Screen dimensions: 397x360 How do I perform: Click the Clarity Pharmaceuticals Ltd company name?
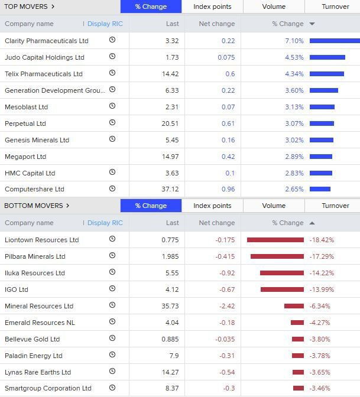coord(46,41)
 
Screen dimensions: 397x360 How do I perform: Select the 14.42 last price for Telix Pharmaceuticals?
coord(170,74)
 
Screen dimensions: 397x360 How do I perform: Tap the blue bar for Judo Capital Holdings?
coord(327,57)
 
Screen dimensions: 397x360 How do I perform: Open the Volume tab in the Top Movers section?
coord(274,6)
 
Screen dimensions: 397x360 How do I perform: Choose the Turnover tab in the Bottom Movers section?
coord(335,206)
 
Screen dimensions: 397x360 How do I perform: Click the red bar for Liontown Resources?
coord(275,240)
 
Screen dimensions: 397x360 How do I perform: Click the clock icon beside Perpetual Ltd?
coord(112,123)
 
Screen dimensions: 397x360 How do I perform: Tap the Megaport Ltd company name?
coord(25,157)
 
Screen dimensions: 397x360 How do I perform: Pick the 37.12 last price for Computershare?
coord(169,189)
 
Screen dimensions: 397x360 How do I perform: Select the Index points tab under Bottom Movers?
coord(212,206)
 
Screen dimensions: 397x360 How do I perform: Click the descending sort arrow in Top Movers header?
coord(312,24)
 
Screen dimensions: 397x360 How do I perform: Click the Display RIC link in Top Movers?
coord(105,24)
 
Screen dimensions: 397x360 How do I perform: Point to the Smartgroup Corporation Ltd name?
coord(48,388)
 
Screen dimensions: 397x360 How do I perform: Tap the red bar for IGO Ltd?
coord(282,289)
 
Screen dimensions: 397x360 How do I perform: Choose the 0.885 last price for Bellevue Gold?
coord(170,339)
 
